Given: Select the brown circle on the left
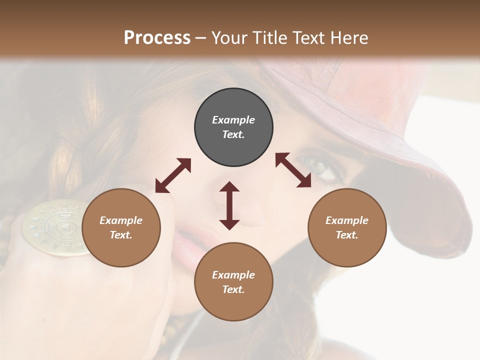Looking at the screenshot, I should click(121, 227).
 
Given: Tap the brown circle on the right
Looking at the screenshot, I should click(347, 227).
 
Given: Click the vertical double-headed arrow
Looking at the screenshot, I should click(229, 205).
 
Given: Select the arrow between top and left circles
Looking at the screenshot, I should click(173, 175).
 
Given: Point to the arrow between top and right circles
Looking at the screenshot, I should click(293, 170).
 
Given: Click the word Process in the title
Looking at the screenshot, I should click(157, 37).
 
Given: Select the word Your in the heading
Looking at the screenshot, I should click(228, 37).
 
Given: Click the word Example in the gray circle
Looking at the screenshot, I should click(233, 120).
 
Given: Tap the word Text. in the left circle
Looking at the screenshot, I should click(121, 235).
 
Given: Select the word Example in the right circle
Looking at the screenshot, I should click(347, 220).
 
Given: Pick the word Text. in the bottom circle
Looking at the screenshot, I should click(233, 289).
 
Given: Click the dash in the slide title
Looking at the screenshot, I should click(201, 38).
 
